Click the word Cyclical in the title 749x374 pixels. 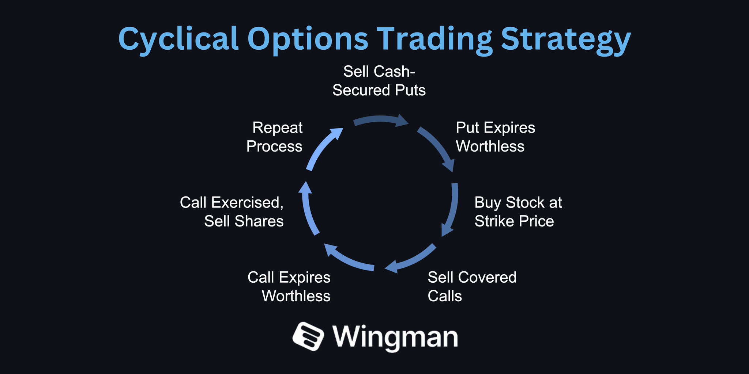click(x=178, y=39)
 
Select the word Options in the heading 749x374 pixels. click(x=308, y=39)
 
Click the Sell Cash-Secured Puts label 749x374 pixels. click(x=379, y=81)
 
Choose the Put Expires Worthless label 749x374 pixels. click(x=495, y=137)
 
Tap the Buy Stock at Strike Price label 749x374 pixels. click(x=518, y=212)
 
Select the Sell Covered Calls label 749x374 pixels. click(x=472, y=287)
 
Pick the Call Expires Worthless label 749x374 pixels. click(x=289, y=287)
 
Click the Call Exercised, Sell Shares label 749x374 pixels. click(x=232, y=212)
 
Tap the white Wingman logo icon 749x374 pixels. click(x=308, y=336)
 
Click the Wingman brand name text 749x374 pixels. click(x=395, y=337)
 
